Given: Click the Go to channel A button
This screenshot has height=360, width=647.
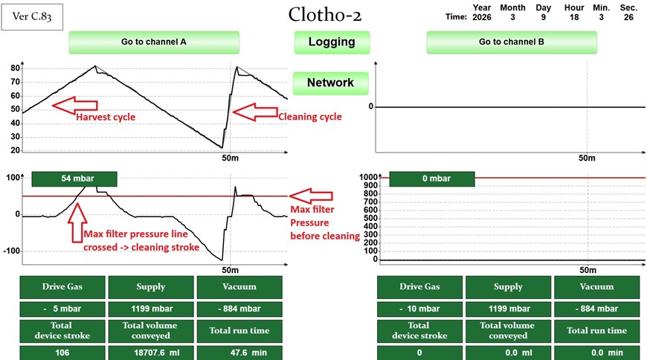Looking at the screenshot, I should [x=154, y=42].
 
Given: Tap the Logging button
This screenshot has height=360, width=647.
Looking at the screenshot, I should [x=332, y=42].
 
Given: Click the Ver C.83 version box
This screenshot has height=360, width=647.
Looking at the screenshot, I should [x=32, y=16].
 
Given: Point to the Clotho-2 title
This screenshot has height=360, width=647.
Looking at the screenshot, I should [x=325, y=15].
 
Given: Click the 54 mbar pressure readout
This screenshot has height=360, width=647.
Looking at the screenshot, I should [x=74, y=179].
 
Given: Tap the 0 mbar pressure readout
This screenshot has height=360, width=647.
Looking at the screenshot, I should [x=431, y=179].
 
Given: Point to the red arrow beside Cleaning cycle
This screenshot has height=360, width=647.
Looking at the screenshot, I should [x=254, y=112].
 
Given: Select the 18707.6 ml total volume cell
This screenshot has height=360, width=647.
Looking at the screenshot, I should [x=151, y=353].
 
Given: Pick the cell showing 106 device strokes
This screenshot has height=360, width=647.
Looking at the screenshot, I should [x=62, y=353].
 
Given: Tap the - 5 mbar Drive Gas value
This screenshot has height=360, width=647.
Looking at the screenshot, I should [x=62, y=308].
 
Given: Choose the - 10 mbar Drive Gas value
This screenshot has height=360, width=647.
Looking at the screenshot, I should [x=419, y=308].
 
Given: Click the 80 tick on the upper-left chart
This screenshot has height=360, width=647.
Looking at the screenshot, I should [x=14, y=68].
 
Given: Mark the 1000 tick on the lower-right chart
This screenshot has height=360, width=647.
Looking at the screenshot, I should [x=369, y=178].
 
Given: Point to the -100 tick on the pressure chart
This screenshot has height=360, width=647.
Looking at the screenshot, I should [x=10, y=251].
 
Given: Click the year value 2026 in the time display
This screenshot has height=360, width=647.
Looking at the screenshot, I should [x=482, y=16].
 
